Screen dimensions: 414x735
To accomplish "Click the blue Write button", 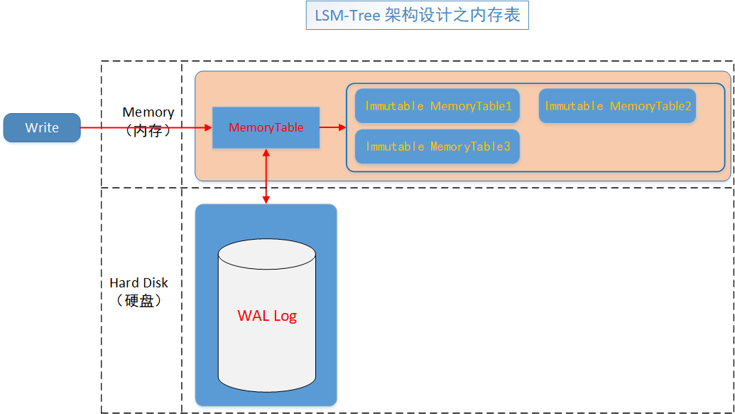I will tap(42, 127).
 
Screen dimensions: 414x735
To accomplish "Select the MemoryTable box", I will tap(266, 128).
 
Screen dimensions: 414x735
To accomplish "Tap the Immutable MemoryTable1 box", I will tap(437, 106).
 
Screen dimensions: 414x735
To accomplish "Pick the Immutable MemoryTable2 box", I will tap(617, 106).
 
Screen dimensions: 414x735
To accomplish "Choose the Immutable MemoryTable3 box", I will tap(437, 147).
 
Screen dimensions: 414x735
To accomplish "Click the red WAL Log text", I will tap(267, 315).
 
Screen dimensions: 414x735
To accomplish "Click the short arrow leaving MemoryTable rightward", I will tap(332, 127).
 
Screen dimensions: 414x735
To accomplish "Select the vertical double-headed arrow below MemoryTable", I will tap(266, 178).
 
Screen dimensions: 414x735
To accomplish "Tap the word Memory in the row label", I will tap(148, 112).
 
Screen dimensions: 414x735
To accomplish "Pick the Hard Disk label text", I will tap(138, 283).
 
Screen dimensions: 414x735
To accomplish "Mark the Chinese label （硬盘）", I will tap(139, 301).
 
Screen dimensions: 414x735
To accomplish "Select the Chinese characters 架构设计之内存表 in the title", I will tap(452, 16).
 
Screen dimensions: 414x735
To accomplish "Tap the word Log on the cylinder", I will tap(284, 315).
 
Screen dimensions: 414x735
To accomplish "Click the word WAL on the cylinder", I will tap(253, 315).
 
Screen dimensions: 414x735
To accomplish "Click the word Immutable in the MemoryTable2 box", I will tap(574, 106).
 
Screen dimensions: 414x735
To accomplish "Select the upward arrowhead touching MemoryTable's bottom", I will tap(266, 153).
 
